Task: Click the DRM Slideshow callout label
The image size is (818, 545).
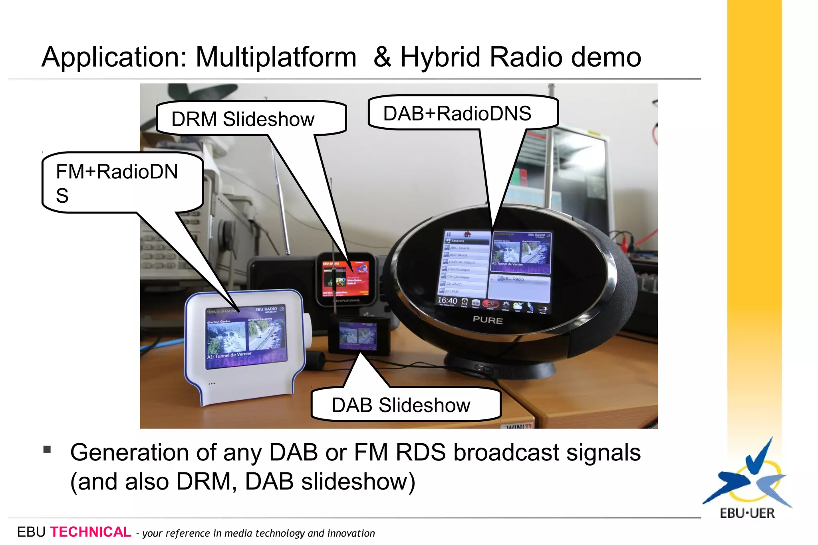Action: [x=243, y=119]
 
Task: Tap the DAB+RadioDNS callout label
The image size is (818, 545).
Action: [x=457, y=114]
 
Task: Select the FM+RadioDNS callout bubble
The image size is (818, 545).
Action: [x=117, y=183]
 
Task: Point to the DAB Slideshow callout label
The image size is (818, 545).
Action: [x=401, y=405]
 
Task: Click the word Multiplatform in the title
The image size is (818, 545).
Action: [x=276, y=57]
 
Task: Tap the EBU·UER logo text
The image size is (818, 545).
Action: [x=747, y=513]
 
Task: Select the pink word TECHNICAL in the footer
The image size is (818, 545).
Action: [x=90, y=532]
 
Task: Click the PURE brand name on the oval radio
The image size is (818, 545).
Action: [x=488, y=320]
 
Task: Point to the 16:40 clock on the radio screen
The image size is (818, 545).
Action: [x=447, y=300]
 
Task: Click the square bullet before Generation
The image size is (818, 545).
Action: [x=47, y=450]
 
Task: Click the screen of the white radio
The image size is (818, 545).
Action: [x=246, y=338]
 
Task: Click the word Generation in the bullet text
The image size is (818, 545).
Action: [x=129, y=453]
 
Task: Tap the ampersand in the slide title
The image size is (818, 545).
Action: [x=382, y=57]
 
